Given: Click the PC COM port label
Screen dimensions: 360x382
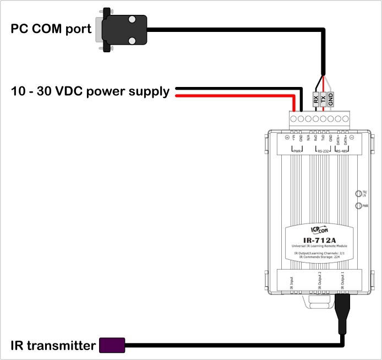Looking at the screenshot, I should pyautogui.click(x=51, y=29).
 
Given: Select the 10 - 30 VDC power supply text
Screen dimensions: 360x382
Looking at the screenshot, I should pyautogui.click(x=90, y=91).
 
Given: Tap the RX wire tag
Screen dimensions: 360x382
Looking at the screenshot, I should pyautogui.click(x=315, y=100).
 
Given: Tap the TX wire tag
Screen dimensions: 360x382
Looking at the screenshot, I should pyautogui.click(x=323, y=100).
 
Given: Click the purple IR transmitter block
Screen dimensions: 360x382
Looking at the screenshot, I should pyautogui.click(x=112, y=346).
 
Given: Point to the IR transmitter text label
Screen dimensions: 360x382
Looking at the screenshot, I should pyautogui.click(x=52, y=346).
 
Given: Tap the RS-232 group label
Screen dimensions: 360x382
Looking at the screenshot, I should pyautogui.click(x=323, y=150).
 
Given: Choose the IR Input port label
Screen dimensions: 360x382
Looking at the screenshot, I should pyautogui.click(x=292, y=282).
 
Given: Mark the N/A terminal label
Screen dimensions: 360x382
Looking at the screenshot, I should pyautogui.click(x=308, y=140).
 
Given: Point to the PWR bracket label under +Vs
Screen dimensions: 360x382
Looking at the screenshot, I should pyautogui.click(x=297, y=150).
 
